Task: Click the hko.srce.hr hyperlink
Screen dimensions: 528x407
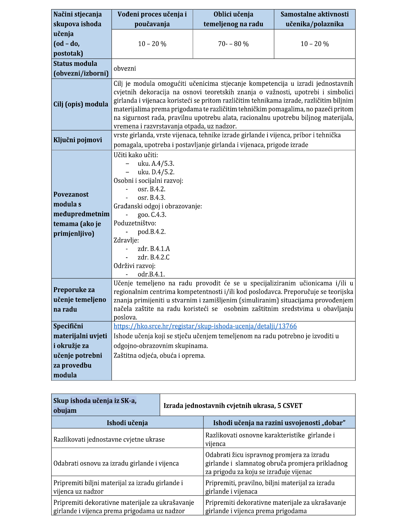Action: pyautogui.click(x=205, y=326)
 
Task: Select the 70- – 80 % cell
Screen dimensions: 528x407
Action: pyautogui.click(x=233, y=44)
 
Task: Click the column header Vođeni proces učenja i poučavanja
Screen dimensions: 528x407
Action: pyautogui.click(x=152, y=19)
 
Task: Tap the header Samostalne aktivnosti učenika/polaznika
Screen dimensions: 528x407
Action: pyautogui.click(x=314, y=19)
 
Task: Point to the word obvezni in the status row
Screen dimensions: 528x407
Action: pyautogui.click(x=125, y=68)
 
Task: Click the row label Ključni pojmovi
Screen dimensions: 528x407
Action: pyautogui.click(x=78, y=140)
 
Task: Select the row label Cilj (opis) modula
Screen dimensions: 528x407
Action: pyautogui.click(x=81, y=104)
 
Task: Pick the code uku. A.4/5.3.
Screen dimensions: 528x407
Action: pyautogui.click(x=156, y=163)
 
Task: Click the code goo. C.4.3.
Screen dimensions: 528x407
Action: pyautogui.click(x=152, y=214)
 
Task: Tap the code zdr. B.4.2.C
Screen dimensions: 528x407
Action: pyautogui.click(x=154, y=257)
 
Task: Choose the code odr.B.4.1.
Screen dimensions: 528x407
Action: pyautogui.click(x=151, y=274)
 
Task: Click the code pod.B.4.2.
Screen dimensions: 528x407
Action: pyautogui.click(x=152, y=232)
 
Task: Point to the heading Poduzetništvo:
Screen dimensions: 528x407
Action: pyautogui.click(x=135, y=223)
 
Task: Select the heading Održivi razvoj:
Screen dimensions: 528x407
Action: pyautogui.click(x=134, y=266)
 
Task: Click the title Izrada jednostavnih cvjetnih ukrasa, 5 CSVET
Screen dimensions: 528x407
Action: pyautogui.click(x=233, y=405)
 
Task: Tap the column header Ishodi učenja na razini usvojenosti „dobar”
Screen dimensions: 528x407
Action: pyautogui.click(x=279, y=423)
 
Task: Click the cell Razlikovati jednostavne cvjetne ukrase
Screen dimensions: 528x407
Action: pyautogui.click(x=109, y=439)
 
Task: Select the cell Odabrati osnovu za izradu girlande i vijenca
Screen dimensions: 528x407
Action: pyautogui.click(x=116, y=463)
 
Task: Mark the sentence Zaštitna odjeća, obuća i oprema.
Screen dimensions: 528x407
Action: pyautogui.click(x=159, y=356)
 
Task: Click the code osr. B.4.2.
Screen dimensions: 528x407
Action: pyautogui.click(x=152, y=189)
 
